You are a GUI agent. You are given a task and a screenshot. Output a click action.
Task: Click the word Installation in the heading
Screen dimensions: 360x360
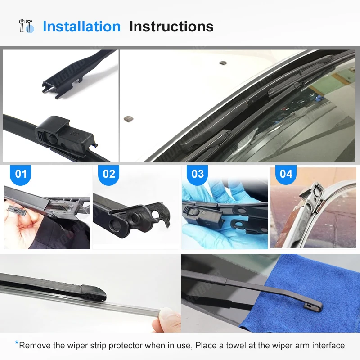[81, 27]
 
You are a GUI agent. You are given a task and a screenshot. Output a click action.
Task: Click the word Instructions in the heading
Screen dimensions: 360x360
[171, 27]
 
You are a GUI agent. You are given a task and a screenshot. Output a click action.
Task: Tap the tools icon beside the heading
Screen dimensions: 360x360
[26, 26]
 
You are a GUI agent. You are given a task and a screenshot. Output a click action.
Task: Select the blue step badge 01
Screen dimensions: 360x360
[21, 174]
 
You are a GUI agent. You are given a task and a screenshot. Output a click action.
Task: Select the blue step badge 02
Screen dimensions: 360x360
[109, 174]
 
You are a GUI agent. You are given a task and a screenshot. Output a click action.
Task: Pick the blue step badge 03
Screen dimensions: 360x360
[198, 174]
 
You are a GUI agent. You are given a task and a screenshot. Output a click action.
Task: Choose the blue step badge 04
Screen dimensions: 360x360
[286, 174]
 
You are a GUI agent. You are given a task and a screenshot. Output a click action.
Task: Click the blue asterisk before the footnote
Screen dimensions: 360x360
[17, 344]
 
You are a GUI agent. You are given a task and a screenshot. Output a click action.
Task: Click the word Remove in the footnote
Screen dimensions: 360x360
[33, 346]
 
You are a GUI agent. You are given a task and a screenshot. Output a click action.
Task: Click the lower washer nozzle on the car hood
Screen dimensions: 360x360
[128, 119]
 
